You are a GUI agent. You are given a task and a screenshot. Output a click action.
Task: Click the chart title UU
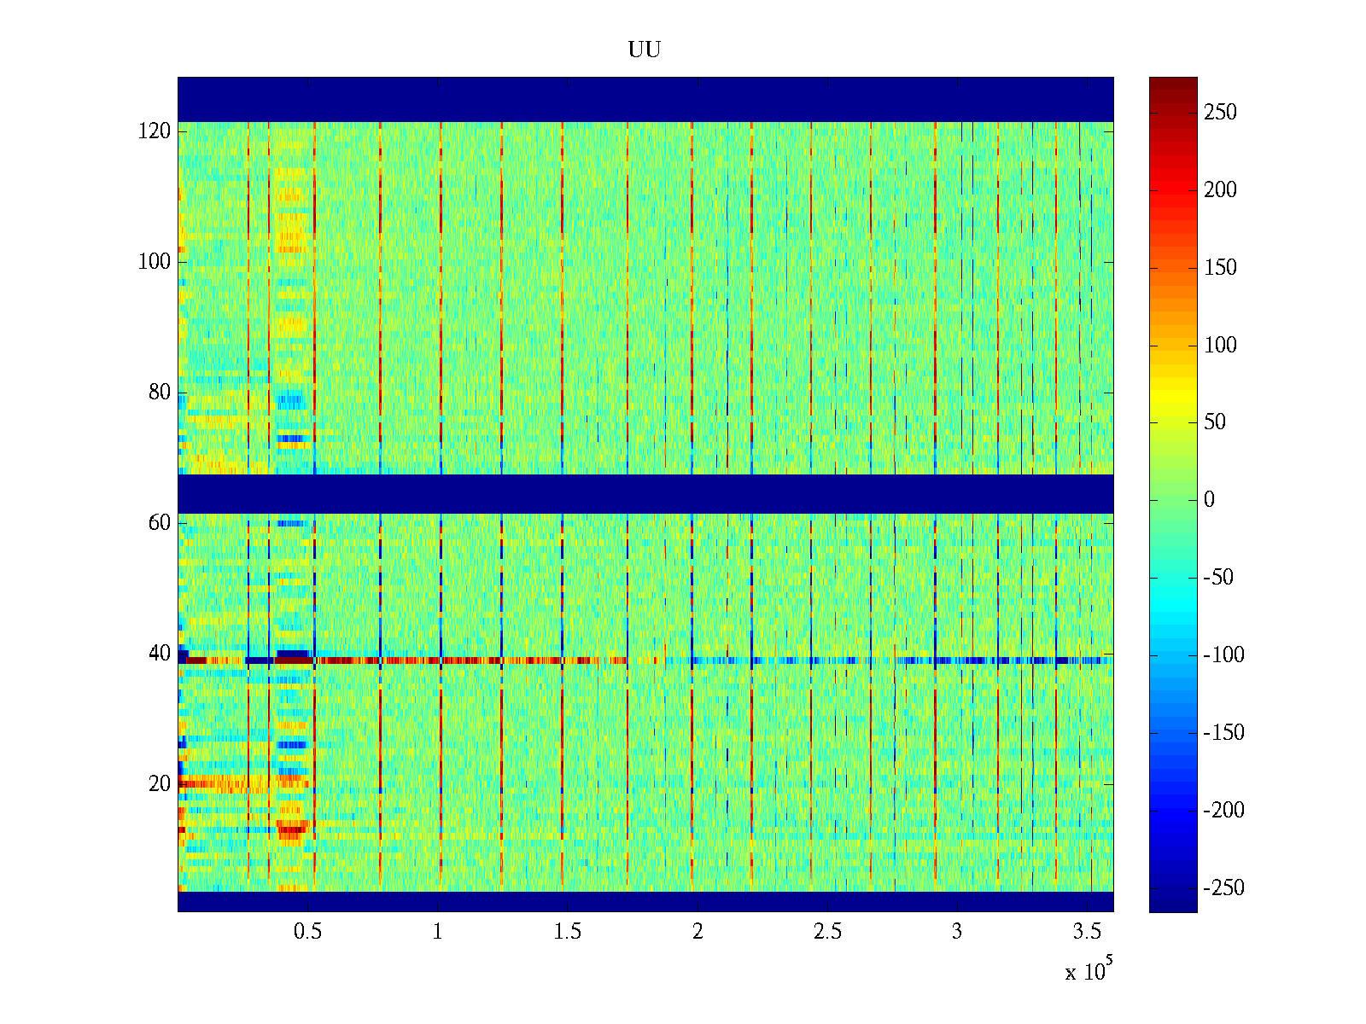click(645, 50)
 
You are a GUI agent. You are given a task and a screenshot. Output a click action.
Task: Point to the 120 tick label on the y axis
click(155, 131)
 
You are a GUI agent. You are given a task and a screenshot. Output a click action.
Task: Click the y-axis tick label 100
click(155, 262)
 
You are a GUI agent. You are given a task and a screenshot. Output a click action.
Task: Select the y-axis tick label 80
click(160, 393)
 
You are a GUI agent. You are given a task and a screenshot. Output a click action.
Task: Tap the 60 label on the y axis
click(160, 523)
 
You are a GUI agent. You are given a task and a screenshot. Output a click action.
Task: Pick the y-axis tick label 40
click(160, 654)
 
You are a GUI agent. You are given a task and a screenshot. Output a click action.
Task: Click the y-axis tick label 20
click(160, 784)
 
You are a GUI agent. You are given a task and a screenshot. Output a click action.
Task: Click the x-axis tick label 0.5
click(307, 932)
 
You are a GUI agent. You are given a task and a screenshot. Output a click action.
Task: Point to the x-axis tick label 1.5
click(567, 932)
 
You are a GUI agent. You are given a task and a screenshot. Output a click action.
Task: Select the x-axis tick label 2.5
click(827, 932)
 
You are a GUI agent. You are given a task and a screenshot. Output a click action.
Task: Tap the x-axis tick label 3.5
click(1087, 932)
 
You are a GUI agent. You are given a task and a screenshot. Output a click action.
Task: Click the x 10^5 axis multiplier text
click(1089, 970)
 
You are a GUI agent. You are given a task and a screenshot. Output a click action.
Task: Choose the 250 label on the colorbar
click(1220, 113)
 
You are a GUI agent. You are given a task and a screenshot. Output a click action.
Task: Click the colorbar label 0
click(1209, 500)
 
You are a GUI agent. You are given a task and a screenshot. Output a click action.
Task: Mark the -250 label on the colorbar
click(1223, 888)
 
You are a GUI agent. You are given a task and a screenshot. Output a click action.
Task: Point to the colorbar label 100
click(1220, 346)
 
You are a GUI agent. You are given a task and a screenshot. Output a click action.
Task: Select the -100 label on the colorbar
click(1223, 655)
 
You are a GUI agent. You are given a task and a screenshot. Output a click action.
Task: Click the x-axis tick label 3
click(957, 932)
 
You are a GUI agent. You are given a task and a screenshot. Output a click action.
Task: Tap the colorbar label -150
click(1223, 733)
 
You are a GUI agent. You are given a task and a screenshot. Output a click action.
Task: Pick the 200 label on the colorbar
click(1220, 190)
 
